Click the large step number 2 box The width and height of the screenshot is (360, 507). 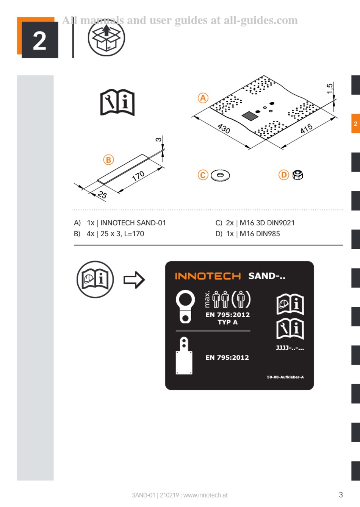pyautogui.click(x=39, y=39)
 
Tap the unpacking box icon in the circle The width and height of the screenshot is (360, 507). pyautogui.click(x=106, y=38)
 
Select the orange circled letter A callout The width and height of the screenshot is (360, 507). pyautogui.click(x=203, y=98)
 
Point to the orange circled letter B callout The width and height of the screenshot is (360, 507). pyautogui.click(x=109, y=160)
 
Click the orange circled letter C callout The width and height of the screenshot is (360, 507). pyautogui.click(x=203, y=175)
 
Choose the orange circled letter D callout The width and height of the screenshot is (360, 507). pyautogui.click(x=284, y=175)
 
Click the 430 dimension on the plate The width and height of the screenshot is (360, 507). pyautogui.click(x=224, y=128)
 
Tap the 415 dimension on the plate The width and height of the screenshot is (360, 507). pyautogui.click(x=306, y=128)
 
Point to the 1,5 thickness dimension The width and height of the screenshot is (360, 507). pyautogui.click(x=330, y=89)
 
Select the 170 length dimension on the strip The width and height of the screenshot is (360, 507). pyautogui.click(x=138, y=176)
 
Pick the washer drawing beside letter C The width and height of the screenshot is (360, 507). pyautogui.click(x=220, y=175)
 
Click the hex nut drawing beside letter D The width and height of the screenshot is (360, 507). pyautogui.click(x=298, y=175)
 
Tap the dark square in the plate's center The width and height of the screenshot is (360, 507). pyautogui.click(x=250, y=115)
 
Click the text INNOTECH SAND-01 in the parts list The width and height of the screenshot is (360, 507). pyautogui.click(x=133, y=223)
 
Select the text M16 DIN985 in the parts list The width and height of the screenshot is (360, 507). pyautogui.click(x=260, y=234)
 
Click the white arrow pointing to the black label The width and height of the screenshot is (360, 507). pyautogui.click(x=134, y=280)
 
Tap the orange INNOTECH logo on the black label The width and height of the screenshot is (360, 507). pyautogui.click(x=208, y=276)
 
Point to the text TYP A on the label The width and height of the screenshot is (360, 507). pyautogui.click(x=227, y=322)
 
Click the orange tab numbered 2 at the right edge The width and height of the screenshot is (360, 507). pyautogui.click(x=355, y=123)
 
